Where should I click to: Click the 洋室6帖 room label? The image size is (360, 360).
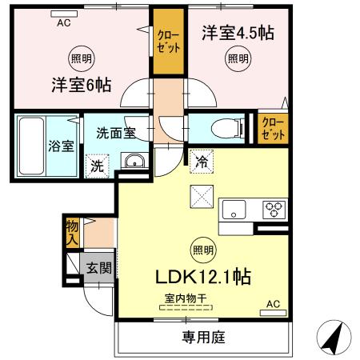82,85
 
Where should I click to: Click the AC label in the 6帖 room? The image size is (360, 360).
64,23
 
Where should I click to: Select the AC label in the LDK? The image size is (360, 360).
272,304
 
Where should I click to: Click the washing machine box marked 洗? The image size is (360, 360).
96,166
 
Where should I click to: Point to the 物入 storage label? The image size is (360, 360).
72,232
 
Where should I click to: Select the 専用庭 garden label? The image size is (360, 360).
202,338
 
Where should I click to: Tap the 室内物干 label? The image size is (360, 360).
186,299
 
